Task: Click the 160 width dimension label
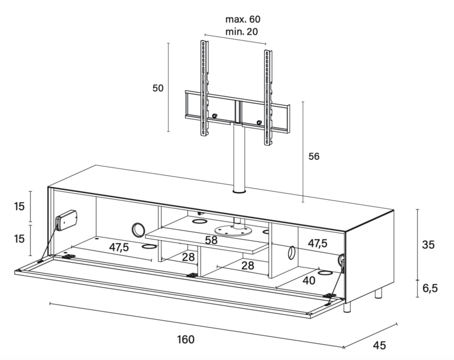pos(186,339)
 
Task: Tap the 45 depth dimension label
pos(379,345)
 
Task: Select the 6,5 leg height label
pos(430,288)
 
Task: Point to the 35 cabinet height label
pos(428,245)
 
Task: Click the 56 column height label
pos(314,156)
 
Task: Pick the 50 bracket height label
pos(158,88)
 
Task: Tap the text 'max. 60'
pos(243,19)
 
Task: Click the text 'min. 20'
pos(242,31)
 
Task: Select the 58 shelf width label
pos(211,240)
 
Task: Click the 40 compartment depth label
pos(309,281)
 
